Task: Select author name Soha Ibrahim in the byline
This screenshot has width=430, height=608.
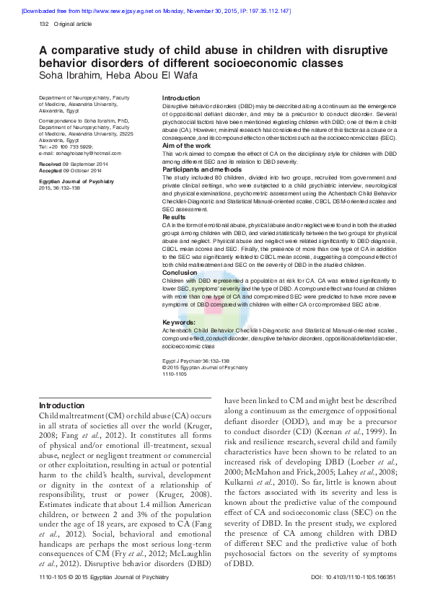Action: coord(71,76)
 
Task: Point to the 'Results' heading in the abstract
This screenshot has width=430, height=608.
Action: coord(174,216)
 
